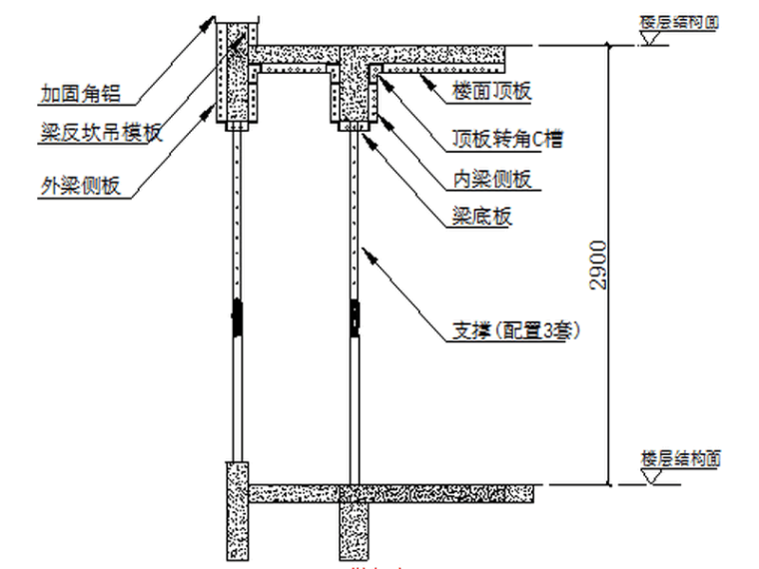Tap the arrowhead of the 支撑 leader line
367,253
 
